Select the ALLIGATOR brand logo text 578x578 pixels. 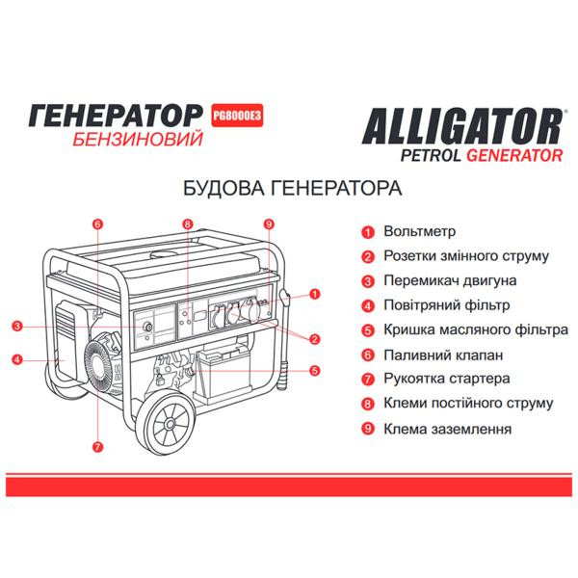coord(461,126)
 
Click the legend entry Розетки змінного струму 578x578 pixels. coord(465,256)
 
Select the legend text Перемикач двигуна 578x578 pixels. coord(449,280)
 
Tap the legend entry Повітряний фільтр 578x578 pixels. coord(446,305)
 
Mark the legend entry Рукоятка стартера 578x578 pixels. coord(446,379)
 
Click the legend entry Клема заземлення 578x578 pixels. coord(446,429)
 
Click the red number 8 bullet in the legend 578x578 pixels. coord(368,404)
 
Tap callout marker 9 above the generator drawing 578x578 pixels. coord(269,224)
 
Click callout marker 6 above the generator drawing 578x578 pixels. coord(97,224)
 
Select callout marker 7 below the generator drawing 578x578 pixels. coord(97,446)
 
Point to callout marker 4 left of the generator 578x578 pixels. coord(17,360)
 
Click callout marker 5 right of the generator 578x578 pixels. coord(315,370)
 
